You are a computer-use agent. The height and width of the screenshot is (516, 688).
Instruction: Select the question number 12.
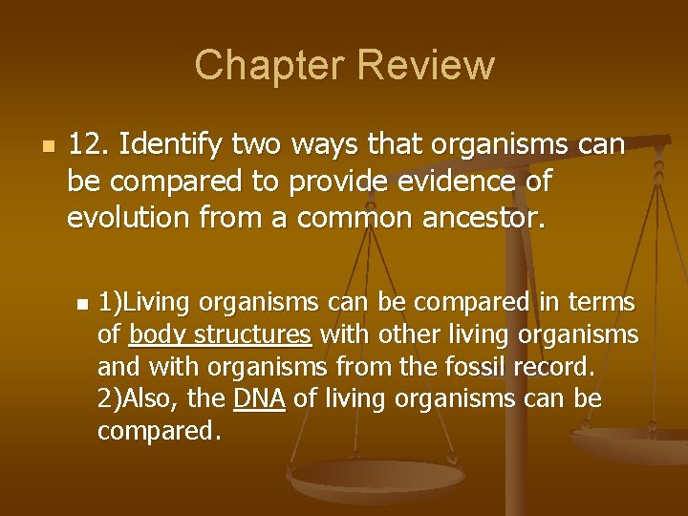coord(89,146)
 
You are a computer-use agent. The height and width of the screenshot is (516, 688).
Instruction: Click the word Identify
coord(171,146)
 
